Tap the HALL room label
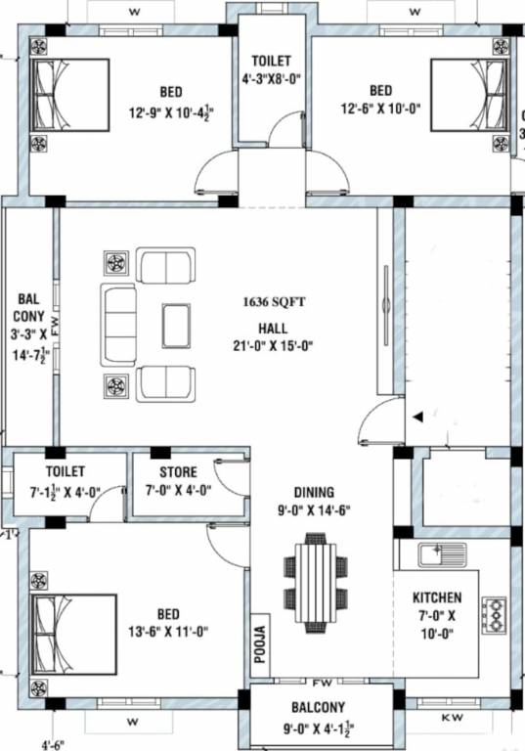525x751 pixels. pyautogui.click(x=273, y=328)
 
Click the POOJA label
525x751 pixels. pyautogui.click(x=260, y=644)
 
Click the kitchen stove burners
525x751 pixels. pyautogui.click(x=497, y=614)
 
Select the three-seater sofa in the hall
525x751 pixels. pyautogui.click(x=119, y=325)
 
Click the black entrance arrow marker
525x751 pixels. pyautogui.click(x=417, y=416)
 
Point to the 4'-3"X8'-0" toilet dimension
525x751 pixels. pyautogui.click(x=271, y=79)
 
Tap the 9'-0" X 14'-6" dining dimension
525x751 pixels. pyautogui.click(x=314, y=508)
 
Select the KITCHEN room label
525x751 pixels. pyautogui.click(x=437, y=597)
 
